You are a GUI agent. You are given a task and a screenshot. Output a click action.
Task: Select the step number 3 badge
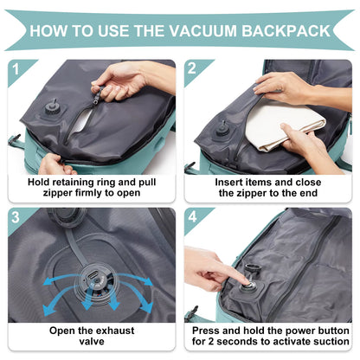[x=14, y=216]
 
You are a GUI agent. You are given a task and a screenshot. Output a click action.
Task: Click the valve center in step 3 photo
[x=93, y=278]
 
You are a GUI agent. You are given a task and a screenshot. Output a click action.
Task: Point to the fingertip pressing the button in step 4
[x=246, y=279]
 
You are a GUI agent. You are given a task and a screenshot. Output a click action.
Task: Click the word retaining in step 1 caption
[x=73, y=183]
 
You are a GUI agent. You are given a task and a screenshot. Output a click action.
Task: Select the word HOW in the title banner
[x=53, y=30]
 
